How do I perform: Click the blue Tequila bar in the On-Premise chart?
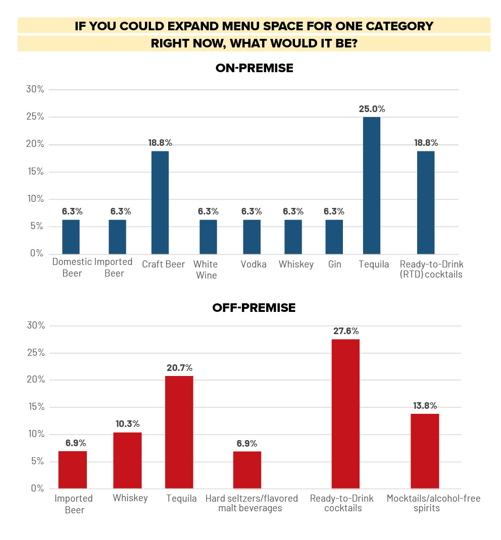point(371,185)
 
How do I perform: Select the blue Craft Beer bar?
point(160,202)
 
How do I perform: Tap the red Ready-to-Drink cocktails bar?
point(345,414)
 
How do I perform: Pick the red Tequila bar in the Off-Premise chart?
point(179,432)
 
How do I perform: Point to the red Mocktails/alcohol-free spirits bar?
point(425,451)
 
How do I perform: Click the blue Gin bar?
point(334,237)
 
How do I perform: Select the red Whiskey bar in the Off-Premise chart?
point(127,460)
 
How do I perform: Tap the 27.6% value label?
point(345,331)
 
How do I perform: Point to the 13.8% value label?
point(425,406)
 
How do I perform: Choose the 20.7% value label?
point(179,368)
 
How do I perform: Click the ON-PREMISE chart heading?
point(254,68)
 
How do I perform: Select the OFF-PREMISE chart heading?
point(254,307)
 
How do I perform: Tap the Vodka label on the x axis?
point(254,264)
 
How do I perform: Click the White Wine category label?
point(206,269)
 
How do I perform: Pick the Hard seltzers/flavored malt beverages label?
point(251,503)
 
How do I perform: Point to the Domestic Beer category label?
point(72,267)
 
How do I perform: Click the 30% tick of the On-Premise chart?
point(35,90)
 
